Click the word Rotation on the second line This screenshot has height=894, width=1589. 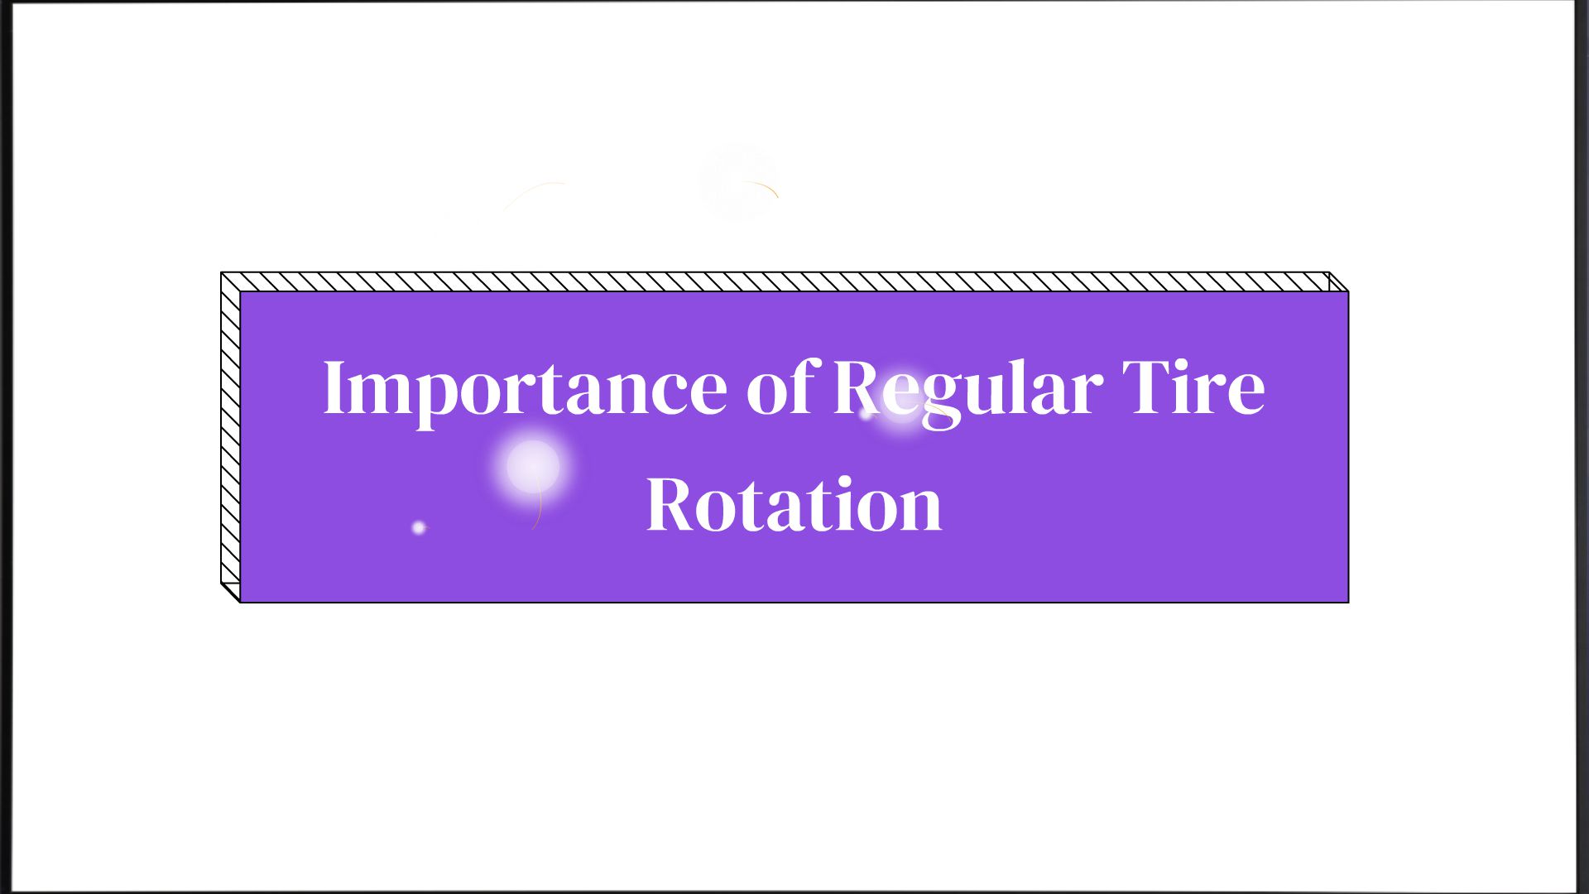[x=794, y=504]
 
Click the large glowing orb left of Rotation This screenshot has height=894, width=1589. [x=533, y=467]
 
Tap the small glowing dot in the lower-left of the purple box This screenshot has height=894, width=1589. [x=419, y=527]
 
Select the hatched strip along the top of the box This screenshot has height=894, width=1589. [x=785, y=281]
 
